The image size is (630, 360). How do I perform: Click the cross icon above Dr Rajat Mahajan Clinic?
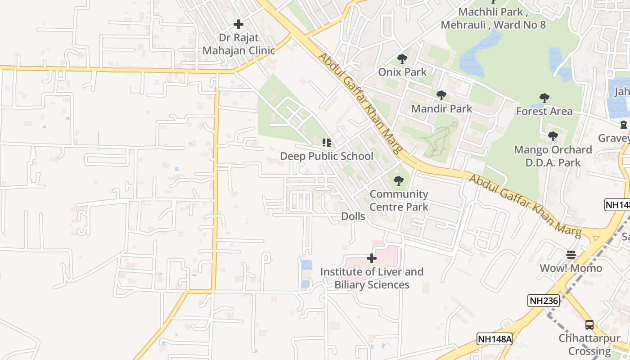coord(238,24)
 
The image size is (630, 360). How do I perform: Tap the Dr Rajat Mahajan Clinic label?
coord(238,44)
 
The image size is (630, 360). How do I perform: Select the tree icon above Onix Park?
coord(402,59)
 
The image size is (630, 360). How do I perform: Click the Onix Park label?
coord(402,72)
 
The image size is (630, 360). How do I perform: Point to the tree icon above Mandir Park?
coord(441,95)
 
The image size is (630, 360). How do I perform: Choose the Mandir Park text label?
coord(441,108)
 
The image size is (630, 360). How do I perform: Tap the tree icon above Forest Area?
coord(544,98)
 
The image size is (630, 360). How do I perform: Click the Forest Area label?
coord(544,111)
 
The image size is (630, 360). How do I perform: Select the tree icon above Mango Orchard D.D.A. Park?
coord(553,136)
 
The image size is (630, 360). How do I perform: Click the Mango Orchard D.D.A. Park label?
coord(553,156)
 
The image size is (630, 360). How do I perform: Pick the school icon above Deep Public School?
coord(327,143)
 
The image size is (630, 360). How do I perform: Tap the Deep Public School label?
coord(327,156)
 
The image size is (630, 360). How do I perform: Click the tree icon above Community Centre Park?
coord(398,181)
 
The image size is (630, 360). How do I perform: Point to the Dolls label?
coord(353,216)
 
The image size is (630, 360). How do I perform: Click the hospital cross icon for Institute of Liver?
coord(372,259)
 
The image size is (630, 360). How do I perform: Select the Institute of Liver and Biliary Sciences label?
coord(372,278)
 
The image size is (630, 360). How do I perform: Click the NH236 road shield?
coord(544,301)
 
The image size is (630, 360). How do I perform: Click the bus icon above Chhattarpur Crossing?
coord(589,324)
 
